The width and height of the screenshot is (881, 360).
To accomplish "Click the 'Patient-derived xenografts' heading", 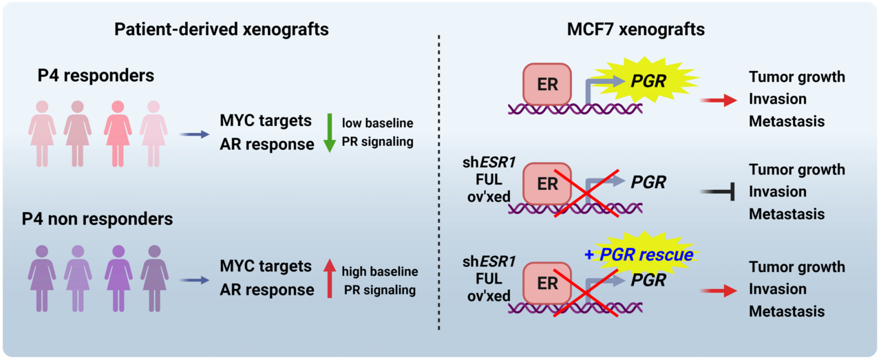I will pos(221,30).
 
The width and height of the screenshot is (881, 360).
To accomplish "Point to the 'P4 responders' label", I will pos(96,76).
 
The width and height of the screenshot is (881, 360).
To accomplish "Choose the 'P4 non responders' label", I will pos(97,220).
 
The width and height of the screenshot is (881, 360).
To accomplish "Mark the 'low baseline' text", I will pos(378,123).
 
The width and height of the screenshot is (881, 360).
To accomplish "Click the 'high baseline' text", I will pos(379,271).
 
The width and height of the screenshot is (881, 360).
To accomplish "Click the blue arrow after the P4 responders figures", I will pos(194,135).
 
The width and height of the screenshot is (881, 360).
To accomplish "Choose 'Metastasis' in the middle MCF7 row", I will pos(787,214).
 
